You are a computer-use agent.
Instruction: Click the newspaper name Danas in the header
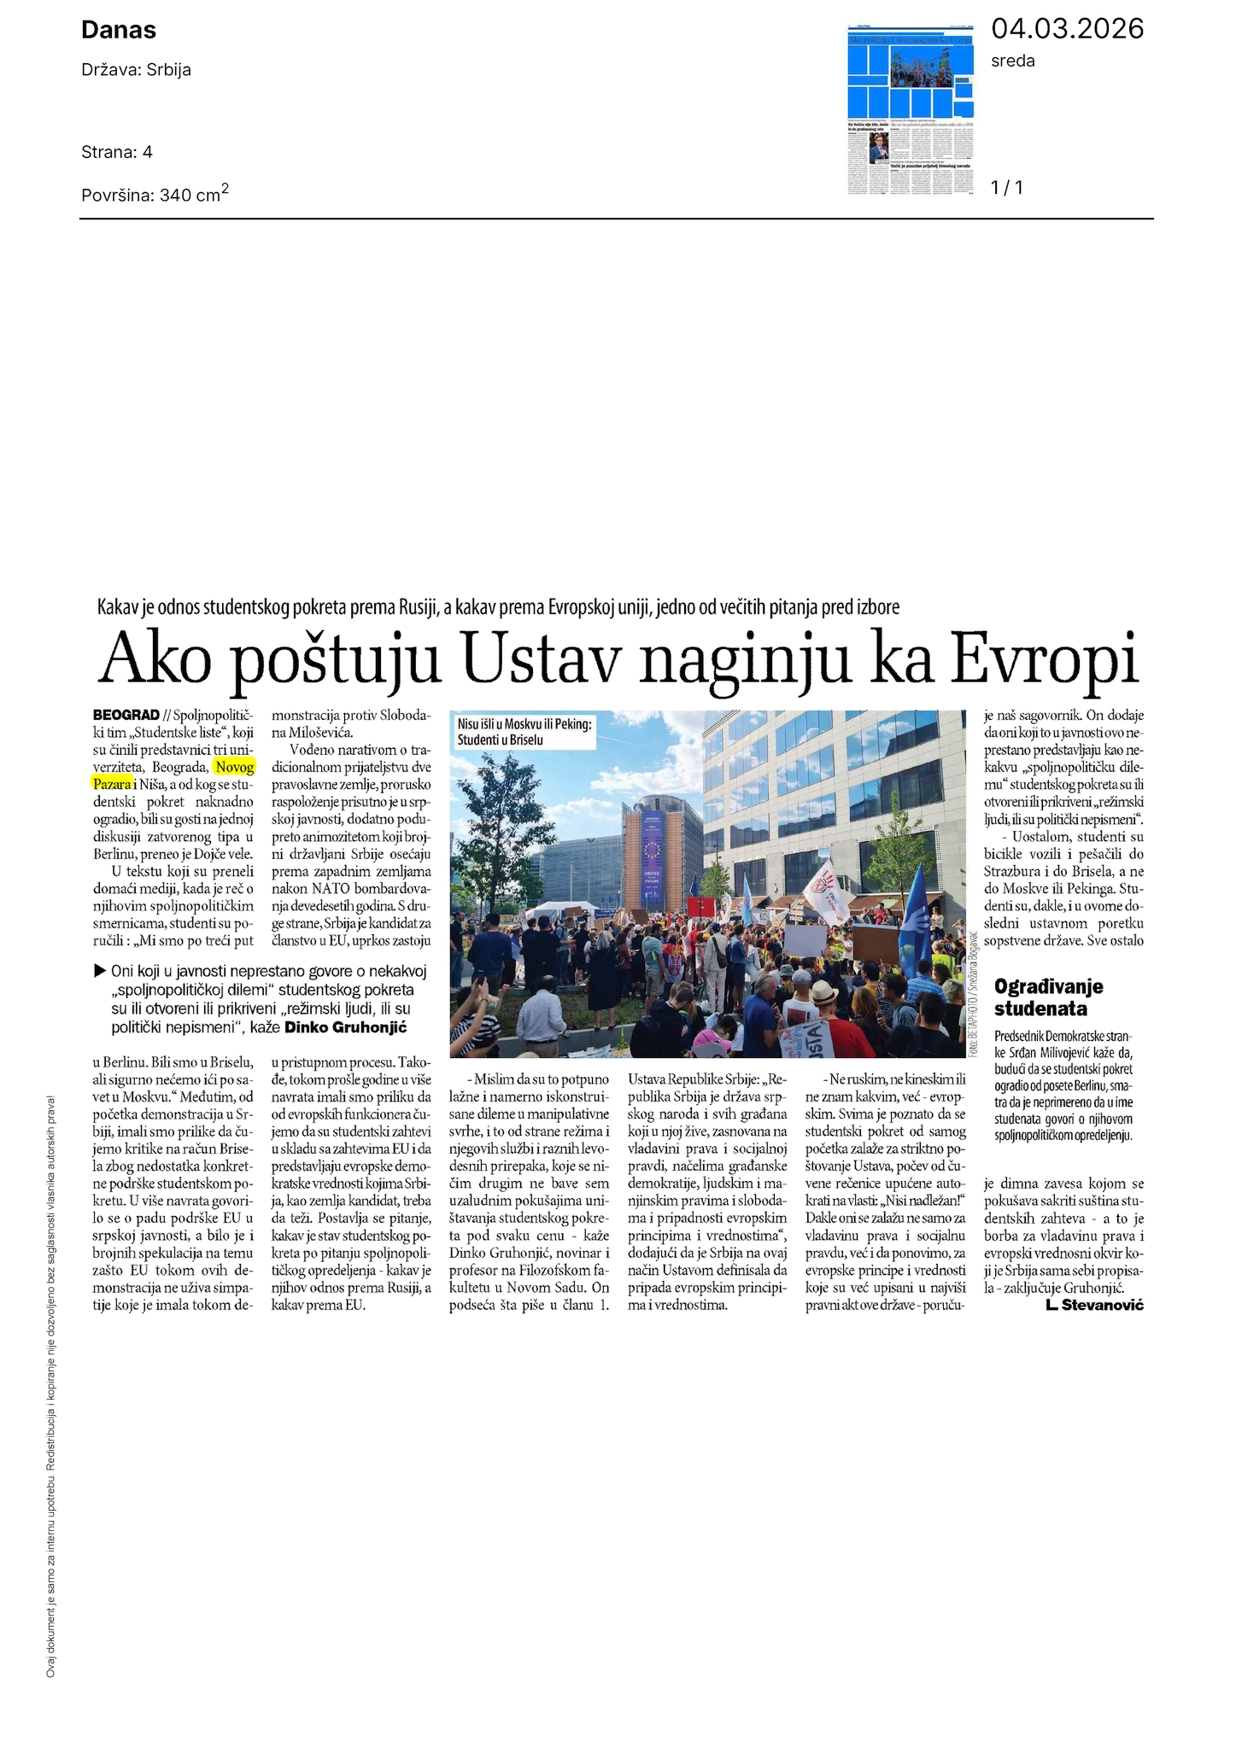coord(119,31)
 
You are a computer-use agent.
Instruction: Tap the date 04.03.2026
coord(1066,29)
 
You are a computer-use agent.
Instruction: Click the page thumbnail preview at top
coord(911,109)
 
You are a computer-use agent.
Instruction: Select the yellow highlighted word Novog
coord(235,767)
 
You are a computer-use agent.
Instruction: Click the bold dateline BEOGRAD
coord(126,715)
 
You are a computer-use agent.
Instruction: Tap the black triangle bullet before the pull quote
coord(100,970)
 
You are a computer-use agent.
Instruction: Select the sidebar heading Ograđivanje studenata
coord(1049,997)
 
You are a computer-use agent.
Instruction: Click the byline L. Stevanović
coord(1093,1305)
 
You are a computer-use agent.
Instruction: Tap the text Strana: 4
coord(117,152)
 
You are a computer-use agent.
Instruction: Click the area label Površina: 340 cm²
coord(155,194)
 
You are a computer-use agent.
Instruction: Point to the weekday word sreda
coord(1012,61)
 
